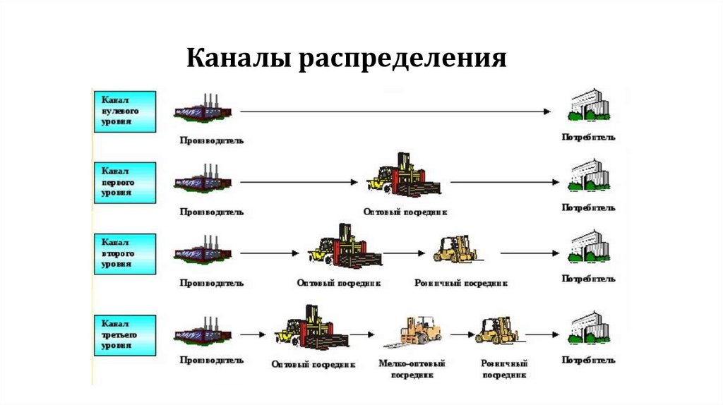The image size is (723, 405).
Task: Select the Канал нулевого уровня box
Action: [x=124, y=111]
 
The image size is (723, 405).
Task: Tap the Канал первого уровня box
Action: [x=124, y=182]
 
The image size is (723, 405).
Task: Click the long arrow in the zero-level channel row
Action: [x=395, y=111]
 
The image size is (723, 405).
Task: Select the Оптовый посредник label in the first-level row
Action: [x=405, y=211]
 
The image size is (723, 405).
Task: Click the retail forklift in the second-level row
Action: [x=455, y=248]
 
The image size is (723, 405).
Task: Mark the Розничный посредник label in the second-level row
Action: [x=460, y=283]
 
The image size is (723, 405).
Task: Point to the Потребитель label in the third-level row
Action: [x=588, y=360]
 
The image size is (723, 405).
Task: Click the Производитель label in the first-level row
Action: [x=211, y=211]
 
